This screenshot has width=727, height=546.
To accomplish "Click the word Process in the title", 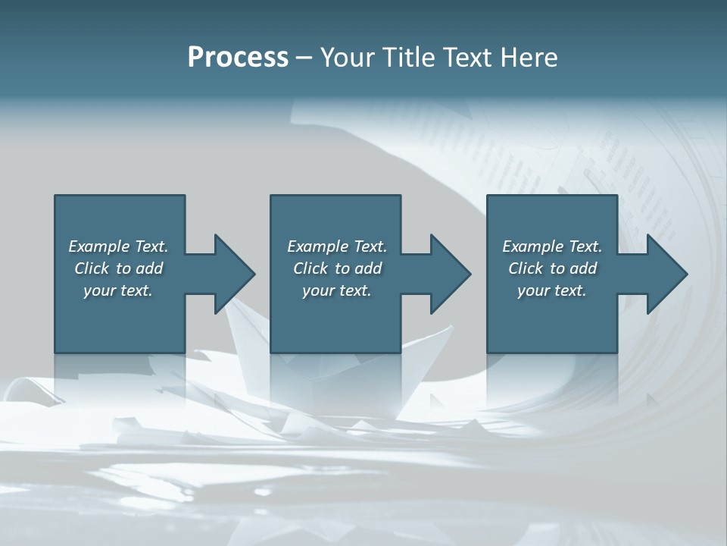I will point(238,58).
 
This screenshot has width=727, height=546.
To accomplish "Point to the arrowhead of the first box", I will point(235,274).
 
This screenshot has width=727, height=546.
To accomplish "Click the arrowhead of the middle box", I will point(451,274).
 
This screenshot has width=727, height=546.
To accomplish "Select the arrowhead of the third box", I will point(667,274).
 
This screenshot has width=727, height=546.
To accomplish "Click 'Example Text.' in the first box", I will point(118,246).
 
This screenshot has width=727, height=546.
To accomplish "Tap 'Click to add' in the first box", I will point(118,268).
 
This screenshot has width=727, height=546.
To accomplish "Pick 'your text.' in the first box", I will point(118,290).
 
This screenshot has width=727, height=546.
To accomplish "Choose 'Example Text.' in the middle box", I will point(337,246).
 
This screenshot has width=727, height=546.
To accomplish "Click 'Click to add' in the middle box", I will point(337,268).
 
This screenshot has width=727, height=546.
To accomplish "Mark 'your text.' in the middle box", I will point(337,290).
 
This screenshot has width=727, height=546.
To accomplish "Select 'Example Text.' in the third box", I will point(552,246).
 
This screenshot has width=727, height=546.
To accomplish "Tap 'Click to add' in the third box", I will point(552,268).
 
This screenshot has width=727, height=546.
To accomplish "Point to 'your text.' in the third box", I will point(552,290).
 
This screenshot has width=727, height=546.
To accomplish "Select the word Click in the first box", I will point(92,268).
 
